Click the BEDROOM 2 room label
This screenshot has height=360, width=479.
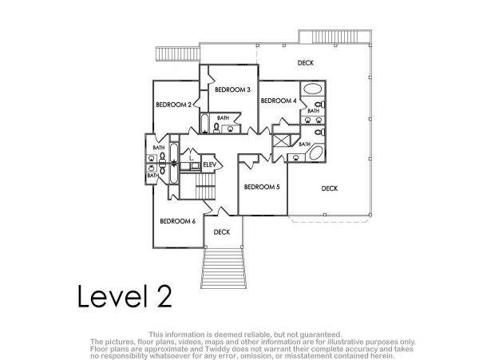(x=173, y=105)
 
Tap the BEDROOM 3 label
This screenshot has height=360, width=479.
(x=232, y=89)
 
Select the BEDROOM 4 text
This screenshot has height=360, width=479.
(x=279, y=101)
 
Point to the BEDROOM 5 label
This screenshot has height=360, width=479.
(x=262, y=187)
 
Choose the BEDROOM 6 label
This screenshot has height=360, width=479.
(x=177, y=221)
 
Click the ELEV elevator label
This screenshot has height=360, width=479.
(x=209, y=165)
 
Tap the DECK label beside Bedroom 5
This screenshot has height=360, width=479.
(x=329, y=188)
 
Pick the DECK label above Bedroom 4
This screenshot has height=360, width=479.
(x=306, y=63)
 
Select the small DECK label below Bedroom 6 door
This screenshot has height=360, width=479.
(x=222, y=232)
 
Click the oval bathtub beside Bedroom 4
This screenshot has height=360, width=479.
(x=312, y=89)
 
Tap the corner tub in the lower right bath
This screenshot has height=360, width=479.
(x=316, y=153)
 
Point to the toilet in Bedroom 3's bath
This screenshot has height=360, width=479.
(x=216, y=128)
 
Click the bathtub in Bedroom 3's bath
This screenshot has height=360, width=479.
(x=204, y=124)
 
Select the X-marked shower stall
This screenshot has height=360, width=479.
(x=281, y=140)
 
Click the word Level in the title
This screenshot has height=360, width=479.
(x=110, y=295)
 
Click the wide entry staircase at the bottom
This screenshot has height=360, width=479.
(x=224, y=268)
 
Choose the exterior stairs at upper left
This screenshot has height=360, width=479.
(x=178, y=54)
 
